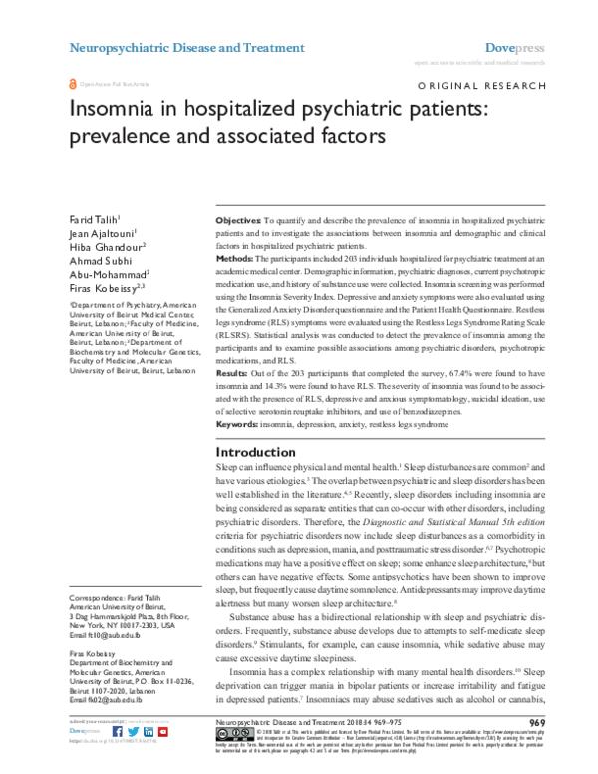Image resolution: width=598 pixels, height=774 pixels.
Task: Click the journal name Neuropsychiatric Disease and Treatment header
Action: (185, 47)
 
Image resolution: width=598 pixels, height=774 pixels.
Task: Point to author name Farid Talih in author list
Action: (92, 218)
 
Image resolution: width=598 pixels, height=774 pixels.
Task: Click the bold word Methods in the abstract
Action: (235, 258)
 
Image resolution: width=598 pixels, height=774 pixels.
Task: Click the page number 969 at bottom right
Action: (536, 721)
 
